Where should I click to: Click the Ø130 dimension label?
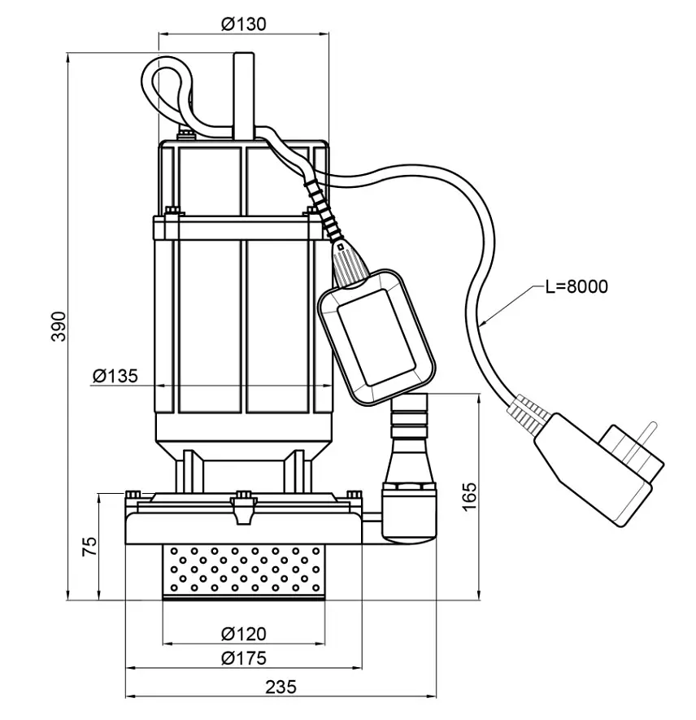[243, 24]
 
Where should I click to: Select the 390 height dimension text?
[59, 326]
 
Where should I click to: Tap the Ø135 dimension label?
[115, 376]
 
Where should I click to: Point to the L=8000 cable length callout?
[576, 286]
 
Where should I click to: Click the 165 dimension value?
[469, 497]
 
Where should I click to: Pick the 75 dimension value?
[90, 547]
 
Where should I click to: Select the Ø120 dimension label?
[243, 634]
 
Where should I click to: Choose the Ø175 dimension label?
[243, 658]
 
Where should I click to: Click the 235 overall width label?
[281, 687]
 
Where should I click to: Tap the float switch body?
[376, 338]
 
